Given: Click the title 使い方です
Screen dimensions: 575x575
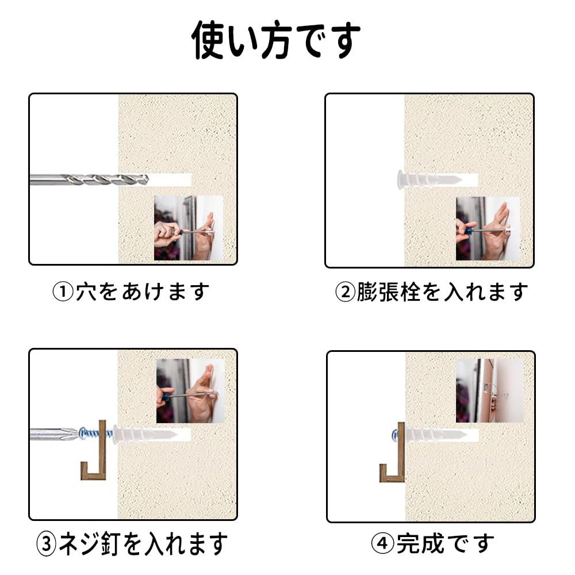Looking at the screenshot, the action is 276,39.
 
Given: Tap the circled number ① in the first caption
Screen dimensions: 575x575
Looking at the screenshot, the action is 63,292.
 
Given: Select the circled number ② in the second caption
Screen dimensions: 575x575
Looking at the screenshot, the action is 346,292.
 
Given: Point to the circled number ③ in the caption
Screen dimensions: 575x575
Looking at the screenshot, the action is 47,544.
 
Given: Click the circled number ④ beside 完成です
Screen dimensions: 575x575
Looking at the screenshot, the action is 382,543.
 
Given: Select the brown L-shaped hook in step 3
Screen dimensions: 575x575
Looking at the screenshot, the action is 94,450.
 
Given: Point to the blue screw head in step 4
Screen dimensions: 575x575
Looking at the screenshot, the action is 395,436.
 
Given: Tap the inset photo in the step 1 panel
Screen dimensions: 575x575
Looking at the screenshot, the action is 189,228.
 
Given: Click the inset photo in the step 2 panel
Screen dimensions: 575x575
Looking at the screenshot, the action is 488,229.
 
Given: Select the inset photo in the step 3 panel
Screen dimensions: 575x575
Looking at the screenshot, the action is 191,391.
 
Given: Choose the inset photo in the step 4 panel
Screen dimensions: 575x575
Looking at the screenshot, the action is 490,390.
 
